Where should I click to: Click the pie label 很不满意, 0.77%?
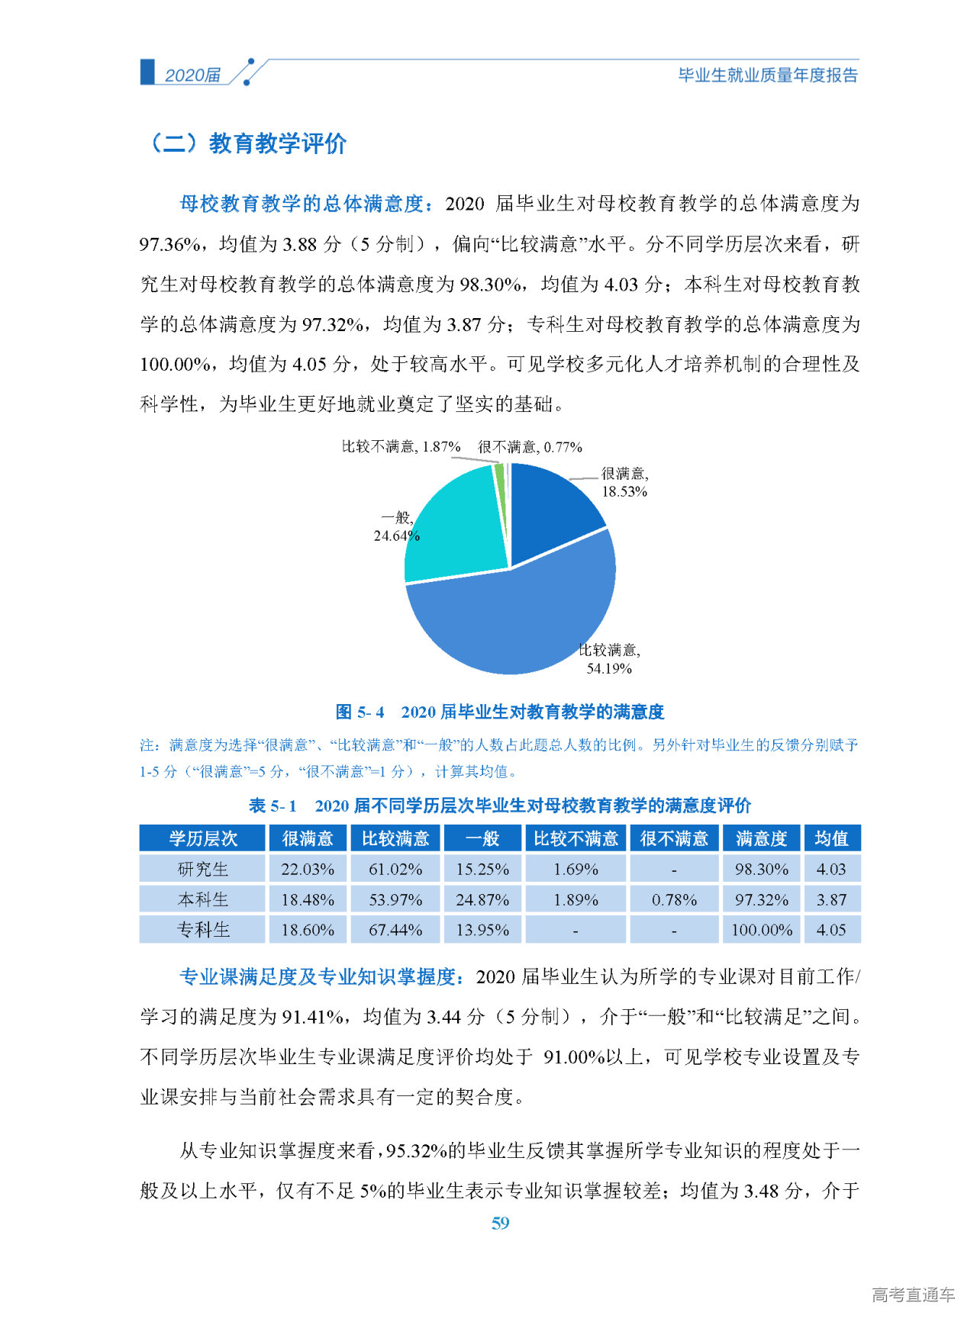click(x=530, y=447)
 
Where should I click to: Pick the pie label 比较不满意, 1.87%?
click(x=401, y=447)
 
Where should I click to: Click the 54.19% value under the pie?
click(x=609, y=669)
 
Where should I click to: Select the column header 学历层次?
click(x=203, y=839)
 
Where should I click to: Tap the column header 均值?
click(x=831, y=839)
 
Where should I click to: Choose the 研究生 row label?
click(x=203, y=870)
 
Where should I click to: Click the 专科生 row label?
click(x=203, y=930)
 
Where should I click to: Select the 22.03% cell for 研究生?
click(x=308, y=870)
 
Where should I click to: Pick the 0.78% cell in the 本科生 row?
click(x=674, y=900)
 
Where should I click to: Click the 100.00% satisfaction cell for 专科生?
click(x=762, y=930)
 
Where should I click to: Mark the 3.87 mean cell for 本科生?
click(x=831, y=900)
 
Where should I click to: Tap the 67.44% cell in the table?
click(x=395, y=930)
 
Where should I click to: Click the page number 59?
click(x=500, y=1224)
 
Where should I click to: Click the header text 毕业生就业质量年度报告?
click(x=768, y=76)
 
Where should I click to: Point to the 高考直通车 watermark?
click(x=913, y=1294)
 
